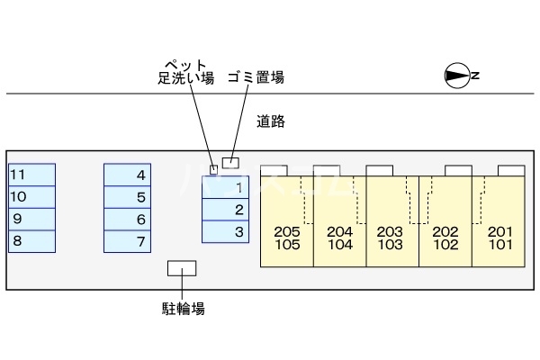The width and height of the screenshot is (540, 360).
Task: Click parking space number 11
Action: click(x=31, y=175)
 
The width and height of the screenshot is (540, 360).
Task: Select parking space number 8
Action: click(x=31, y=240)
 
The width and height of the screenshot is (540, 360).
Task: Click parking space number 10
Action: click(x=31, y=196)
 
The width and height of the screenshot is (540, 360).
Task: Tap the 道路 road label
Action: click(x=270, y=121)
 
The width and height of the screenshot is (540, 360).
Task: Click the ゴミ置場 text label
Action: click(x=256, y=77)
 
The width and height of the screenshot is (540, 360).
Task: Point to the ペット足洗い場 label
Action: click(x=184, y=72)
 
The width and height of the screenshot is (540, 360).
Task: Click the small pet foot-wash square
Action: click(x=213, y=168)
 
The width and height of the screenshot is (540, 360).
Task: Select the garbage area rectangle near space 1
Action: click(x=231, y=163)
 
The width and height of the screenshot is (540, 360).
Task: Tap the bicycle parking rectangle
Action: click(x=183, y=268)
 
